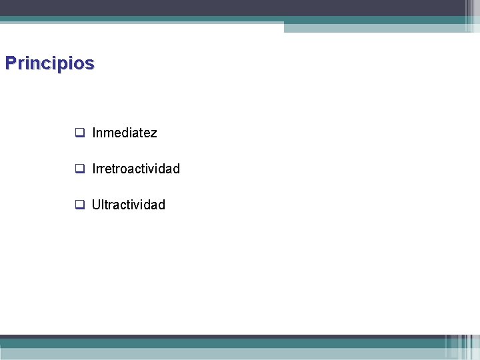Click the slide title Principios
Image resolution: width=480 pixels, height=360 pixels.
49,63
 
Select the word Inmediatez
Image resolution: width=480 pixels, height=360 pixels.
125,133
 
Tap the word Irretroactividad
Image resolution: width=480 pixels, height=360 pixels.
136,169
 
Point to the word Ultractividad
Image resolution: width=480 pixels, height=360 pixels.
129,205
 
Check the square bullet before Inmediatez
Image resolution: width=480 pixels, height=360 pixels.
79,133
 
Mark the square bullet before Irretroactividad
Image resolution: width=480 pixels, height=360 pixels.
79,169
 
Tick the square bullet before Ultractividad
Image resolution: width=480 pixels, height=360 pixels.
79,205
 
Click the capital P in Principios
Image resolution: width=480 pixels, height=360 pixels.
10,63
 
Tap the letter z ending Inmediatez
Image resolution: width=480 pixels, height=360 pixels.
154,133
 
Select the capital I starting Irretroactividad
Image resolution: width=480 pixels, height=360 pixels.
94,169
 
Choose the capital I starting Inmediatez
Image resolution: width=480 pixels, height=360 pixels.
94,133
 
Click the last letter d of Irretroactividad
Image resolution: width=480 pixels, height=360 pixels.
176,169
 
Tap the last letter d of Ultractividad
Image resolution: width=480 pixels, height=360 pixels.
161,205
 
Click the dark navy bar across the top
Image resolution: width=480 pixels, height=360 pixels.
227,7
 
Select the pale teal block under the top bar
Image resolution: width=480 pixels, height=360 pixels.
373,27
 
